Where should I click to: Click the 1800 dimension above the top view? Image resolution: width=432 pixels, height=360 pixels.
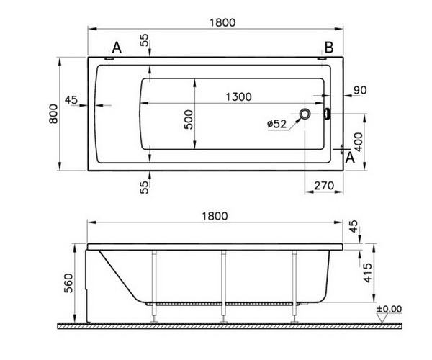[222, 22]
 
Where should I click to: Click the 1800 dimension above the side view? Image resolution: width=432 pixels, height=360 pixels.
[215, 216]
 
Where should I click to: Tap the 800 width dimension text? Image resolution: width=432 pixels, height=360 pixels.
[53, 114]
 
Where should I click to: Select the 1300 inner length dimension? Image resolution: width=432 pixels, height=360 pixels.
[238, 96]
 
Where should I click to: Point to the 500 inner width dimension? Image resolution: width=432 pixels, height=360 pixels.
[189, 120]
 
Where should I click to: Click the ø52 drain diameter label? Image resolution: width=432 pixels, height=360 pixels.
[277, 124]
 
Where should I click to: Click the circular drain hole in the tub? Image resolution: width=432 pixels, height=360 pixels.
[305, 113]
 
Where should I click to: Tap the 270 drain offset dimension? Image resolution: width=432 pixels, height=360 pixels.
[324, 186]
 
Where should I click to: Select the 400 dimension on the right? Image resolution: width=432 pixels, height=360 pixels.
[358, 142]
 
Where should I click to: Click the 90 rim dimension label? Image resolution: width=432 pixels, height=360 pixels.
[360, 90]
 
